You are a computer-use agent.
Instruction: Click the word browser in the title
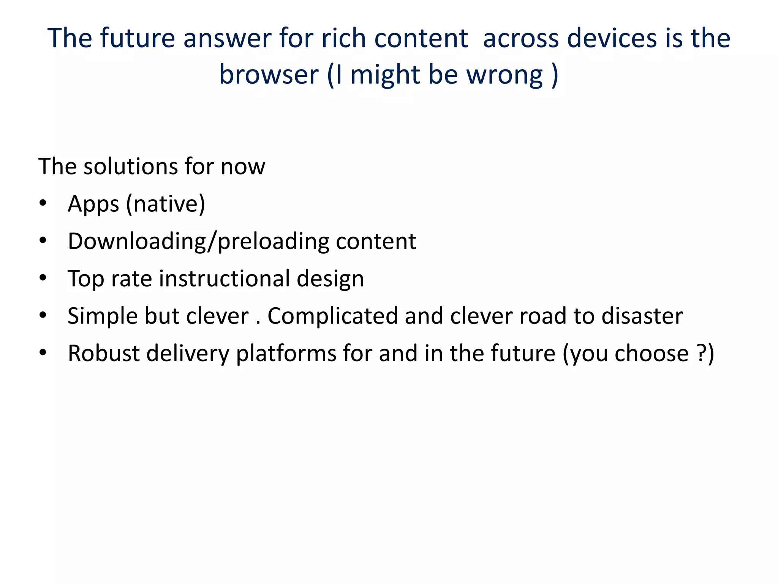pyautogui.click(x=269, y=74)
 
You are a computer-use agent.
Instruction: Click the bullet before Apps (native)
pyautogui.click(x=43, y=204)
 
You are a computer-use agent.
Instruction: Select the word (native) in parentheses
pyautogui.click(x=166, y=204)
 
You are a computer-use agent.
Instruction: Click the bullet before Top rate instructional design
pyautogui.click(x=43, y=278)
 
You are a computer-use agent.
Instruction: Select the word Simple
pyautogui.click(x=102, y=316)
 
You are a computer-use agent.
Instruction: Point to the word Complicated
pyautogui.click(x=333, y=316)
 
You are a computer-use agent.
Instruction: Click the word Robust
pyautogui.click(x=104, y=353)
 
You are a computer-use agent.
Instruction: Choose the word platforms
pyautogui.click(x=286, y=354)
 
